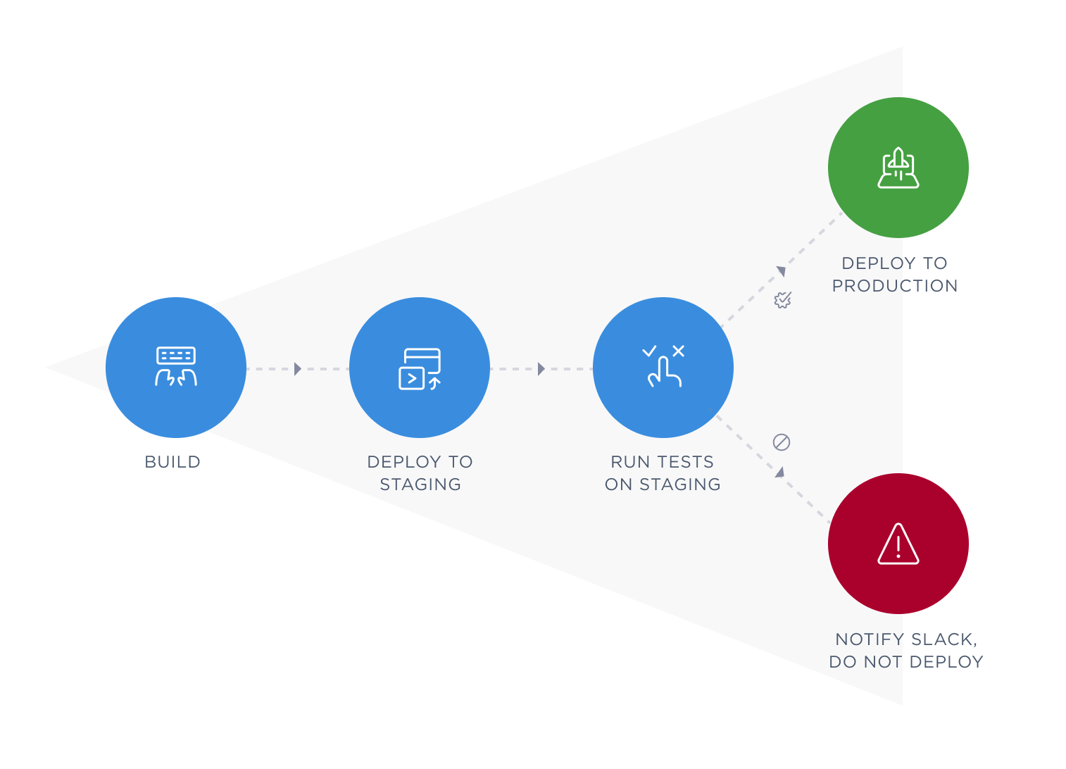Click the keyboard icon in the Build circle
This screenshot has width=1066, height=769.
pyautogui.click(x=176, y=356)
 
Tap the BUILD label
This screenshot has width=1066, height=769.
pyautogui.click(x=173, y=462)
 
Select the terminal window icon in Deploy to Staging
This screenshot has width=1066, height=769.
pyautogui.click(x=420, y=369)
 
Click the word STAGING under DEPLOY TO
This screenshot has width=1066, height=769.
pyautogui.click(x=420, y=484)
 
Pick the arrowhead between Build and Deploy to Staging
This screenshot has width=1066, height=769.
pyautogui.click(x=298, y=369)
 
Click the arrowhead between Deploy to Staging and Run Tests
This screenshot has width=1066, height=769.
pyautogui.click(x=541, y=369)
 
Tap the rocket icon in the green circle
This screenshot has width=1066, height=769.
pyautogui.click(x=898, y=168)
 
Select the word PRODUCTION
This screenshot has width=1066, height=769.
pyautogui.click(x=895, y=286)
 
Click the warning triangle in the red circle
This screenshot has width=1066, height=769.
pyautogui.click(x=898, y=544)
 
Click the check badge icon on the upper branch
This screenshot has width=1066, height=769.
pyautogui.click(x=782, y=300)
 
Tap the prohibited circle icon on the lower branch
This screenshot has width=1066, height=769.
pyautogui.click(x=782, y=442)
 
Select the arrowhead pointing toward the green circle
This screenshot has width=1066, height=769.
pyautogui.click(x=781, y=271)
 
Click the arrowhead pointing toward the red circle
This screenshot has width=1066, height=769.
pyautogui.click(x=780, y=472)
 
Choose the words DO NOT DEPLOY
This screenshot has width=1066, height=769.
pyautogui.click(x=906, y=662)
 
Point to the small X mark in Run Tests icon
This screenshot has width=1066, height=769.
pyautogui.click(x=679, y=351)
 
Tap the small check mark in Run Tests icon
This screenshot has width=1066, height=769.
pyautogui.click(x=649, y=351)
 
